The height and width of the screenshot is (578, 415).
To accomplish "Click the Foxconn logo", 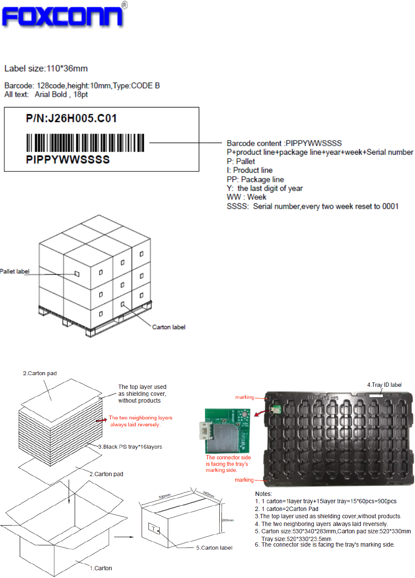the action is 64,15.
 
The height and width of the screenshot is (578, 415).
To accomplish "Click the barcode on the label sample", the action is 85,143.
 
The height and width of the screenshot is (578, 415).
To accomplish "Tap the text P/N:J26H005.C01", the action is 71,119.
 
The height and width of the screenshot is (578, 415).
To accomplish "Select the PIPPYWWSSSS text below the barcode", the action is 68,160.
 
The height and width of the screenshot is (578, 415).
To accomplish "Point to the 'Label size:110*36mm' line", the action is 46,69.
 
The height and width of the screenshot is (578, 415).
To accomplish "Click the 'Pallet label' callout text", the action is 15,272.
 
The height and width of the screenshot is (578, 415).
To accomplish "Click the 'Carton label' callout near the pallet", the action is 169,327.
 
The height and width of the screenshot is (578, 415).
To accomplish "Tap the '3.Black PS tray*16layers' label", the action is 130,447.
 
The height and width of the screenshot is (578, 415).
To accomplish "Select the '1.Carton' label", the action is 101,568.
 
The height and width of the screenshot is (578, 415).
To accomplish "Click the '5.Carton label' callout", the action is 214,548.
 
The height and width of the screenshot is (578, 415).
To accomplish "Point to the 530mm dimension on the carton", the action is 165,496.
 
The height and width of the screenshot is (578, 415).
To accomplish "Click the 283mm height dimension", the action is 227,520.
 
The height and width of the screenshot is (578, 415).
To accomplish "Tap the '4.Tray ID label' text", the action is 384,385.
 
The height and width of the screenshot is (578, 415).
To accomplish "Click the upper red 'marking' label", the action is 245,398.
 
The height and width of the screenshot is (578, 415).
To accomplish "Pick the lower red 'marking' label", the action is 244,480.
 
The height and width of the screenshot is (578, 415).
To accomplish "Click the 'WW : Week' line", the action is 246,197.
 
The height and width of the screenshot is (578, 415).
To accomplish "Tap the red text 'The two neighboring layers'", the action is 140,418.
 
